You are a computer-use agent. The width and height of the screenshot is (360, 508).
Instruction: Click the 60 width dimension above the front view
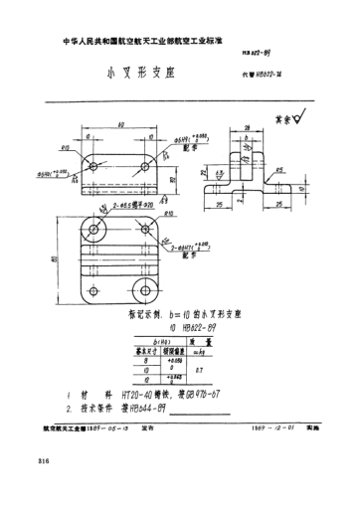pos(120,124)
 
